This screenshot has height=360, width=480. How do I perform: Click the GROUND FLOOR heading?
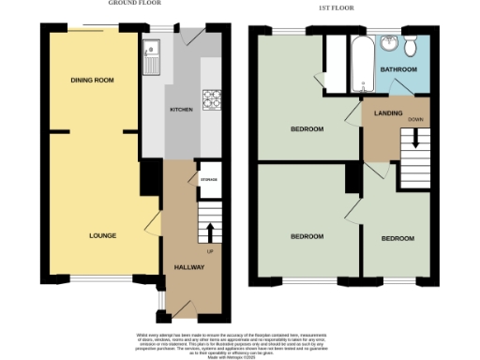coord(130,4)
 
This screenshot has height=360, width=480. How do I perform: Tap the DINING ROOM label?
coord(92,81)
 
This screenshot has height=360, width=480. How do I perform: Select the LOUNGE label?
coord(103,235)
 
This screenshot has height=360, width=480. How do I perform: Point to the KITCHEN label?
coord(181,110)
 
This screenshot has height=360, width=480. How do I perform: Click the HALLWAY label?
coord(189,267)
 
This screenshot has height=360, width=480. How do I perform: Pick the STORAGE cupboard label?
coord(208,178)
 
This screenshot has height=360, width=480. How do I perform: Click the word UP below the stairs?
coord(209,252)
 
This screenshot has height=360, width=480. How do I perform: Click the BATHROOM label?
coord(398,69)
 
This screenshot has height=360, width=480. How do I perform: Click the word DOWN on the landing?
coord(414,120)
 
